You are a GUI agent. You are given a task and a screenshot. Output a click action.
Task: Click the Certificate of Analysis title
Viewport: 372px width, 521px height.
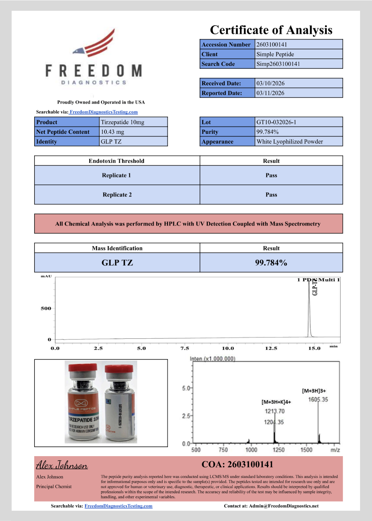coord(271,30)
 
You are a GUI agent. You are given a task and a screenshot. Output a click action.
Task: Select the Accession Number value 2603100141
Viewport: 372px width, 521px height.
coord(272,45)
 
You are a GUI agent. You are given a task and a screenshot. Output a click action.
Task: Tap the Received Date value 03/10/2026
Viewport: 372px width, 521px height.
coord(270,83)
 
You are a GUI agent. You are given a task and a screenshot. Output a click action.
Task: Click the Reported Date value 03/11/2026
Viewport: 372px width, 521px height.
coord(270,93)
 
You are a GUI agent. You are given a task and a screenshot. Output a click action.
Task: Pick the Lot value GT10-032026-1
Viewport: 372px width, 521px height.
coord(276,122)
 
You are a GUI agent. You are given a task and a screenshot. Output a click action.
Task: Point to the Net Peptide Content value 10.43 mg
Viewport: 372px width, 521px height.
coord(113,132)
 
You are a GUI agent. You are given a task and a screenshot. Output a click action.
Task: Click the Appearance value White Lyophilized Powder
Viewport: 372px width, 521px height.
coord(290,142)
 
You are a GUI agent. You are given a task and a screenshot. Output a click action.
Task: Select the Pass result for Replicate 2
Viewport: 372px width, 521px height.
coord(271,195)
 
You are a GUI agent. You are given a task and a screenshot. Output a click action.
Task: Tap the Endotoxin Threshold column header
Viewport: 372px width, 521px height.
coord(116,161)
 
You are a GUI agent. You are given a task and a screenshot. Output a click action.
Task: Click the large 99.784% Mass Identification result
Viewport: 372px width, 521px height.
coord(271,263)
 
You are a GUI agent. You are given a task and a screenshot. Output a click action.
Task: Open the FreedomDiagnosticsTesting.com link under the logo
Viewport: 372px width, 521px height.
coord(104,112)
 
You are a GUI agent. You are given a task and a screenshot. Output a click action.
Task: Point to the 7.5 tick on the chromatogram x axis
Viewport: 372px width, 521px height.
coord(185,348)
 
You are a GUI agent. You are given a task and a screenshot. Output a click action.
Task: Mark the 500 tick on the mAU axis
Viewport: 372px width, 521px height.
coord(46,308)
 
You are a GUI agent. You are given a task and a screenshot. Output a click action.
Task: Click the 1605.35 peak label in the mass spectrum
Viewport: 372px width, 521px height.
coord(318,399)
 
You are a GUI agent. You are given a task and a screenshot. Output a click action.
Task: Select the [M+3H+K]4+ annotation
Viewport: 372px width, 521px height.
coord(276,402)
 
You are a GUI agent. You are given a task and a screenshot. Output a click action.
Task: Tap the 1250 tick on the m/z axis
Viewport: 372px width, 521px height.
coord(278,450)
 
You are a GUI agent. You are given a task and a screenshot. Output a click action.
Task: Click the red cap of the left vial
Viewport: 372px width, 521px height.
coord(83,368)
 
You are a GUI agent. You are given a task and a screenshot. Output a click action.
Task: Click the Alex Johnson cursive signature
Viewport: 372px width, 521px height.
coord(62,465)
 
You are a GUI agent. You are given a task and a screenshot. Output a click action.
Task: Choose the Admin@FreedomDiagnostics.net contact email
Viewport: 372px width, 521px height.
coord(284,506)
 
